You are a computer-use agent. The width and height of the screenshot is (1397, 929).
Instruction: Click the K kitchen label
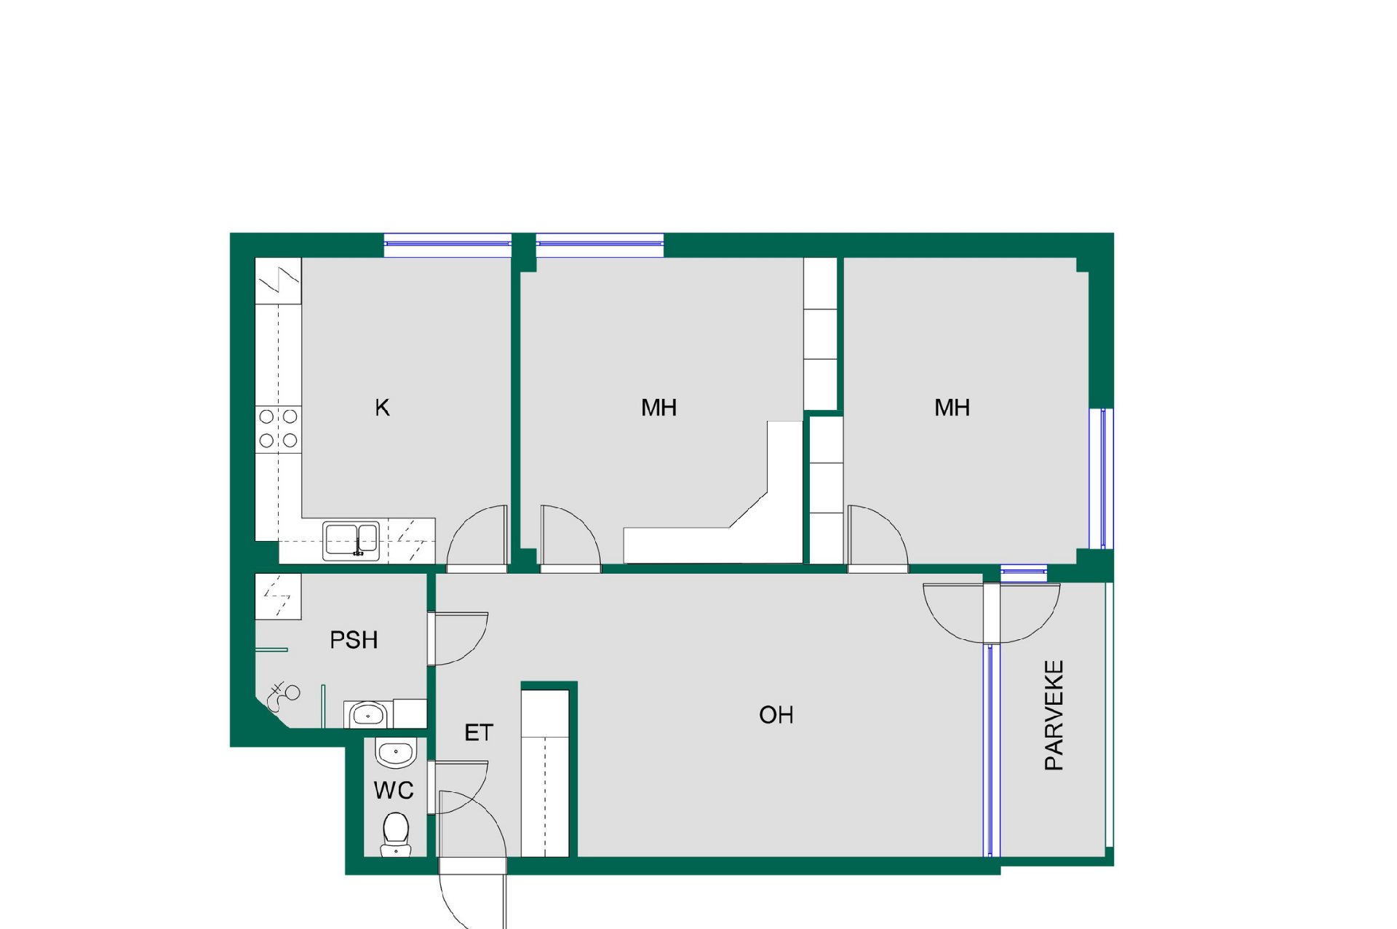pyautogui.click(x=382, y=408)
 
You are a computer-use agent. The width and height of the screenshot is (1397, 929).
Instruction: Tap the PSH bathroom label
pyautogui.click(x=354, y=640)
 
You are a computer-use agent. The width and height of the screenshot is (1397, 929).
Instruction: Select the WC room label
pyautogui.click(x=394, y=790)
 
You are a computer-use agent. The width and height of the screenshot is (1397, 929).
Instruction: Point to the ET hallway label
pyautogui.click(x=479, y=732)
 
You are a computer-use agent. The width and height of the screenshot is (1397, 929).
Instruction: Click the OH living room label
pyautogui.click(x=776, y=715)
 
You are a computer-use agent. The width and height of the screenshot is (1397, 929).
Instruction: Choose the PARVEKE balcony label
pyautogui.click(x=1054, y=715)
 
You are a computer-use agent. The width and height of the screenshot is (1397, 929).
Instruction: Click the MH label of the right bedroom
pyautogui.click(x=952, y=408)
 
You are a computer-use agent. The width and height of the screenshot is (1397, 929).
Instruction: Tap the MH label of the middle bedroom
pyautogui.click(x=658, y=408)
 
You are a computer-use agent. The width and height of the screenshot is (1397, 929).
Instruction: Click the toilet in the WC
pyautogui.click(x=396, y=834)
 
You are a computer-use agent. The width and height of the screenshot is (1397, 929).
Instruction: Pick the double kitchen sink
pyautogui.click(x=351, y=541)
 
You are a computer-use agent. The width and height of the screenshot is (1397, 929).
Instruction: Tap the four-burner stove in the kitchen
pyautogui.click(x=279, y=429)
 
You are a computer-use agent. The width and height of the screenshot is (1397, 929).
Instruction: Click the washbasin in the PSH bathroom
pyautogui.click(x=368, y=715)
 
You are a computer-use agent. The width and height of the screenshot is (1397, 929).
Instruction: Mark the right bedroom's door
pyautogui.click(x=877, y=536)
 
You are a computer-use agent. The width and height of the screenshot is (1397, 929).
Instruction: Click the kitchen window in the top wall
pyautogui.click(x=447, y=245)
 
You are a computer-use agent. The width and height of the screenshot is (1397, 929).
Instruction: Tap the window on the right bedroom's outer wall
pyautogui.click(x=1102, y=478)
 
